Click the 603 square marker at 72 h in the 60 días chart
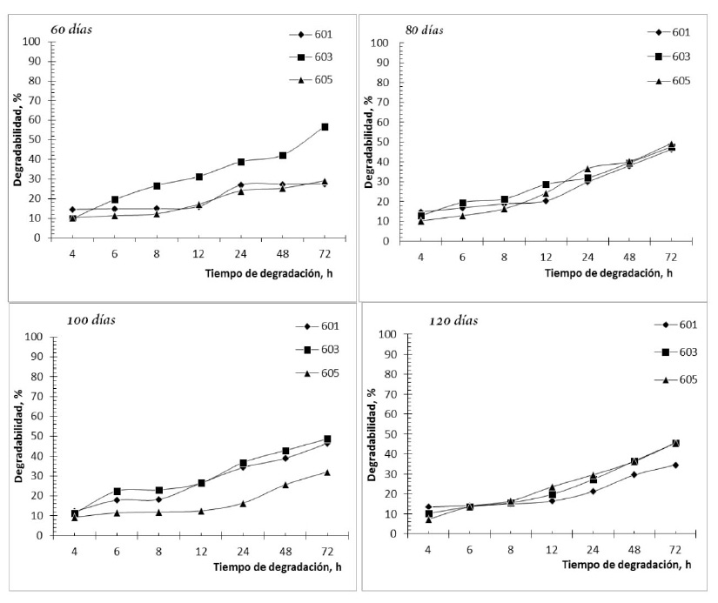(325, 127)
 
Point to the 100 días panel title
(91, 319)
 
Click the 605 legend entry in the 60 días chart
(321, 80)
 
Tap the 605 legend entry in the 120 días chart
(683, 379)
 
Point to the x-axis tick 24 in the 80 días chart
(587, 258)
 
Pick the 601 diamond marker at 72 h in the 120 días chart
(675, 465)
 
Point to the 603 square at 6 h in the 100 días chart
(117, 492)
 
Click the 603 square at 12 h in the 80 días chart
(546, 184)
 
